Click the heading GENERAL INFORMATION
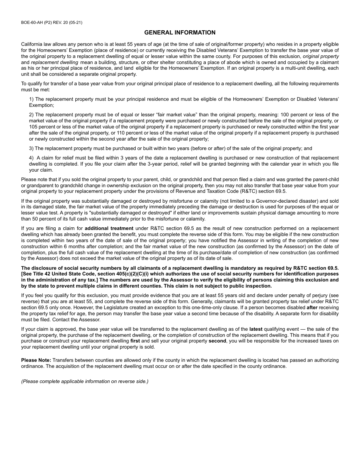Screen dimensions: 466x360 (180, 33)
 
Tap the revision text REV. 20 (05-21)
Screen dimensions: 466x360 (68, 22)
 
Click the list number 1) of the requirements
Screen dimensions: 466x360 (31, 99)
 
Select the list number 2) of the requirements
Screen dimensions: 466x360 (31, 115)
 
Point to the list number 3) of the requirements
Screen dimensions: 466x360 (31, 149)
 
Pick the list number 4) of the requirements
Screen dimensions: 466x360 (31, 158)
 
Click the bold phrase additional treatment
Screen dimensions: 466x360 (109, 228)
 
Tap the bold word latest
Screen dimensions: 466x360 (256, 329)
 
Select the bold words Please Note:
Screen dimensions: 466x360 (36, 360)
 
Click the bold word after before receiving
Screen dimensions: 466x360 (312, 308)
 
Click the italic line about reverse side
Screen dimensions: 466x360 (85, 382)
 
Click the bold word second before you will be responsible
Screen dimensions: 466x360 (217, 341)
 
